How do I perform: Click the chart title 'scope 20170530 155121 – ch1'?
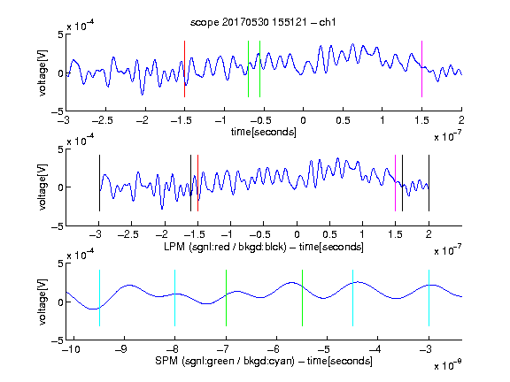(x=263, y=22)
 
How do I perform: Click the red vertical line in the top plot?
(x=184, y=69)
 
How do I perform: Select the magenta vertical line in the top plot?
(x=421, y=69)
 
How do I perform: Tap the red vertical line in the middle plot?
(x=197, y=183)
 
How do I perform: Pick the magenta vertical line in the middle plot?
(x=395, y=183)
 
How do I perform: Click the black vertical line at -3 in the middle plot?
(x=99, y=183)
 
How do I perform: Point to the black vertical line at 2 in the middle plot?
(x=429, y=183)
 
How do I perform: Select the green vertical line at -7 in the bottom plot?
(x=226, y=298)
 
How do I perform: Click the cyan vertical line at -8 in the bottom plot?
(x=175, y=298)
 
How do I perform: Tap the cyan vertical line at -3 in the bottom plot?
(x=429, y=298)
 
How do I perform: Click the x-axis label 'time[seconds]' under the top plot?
(x=264, y=132)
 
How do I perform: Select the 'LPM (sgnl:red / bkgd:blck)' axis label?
(x=225, y=247)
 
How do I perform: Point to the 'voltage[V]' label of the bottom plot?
(x=42, y=302)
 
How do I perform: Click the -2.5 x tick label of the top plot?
(x=103, y=120)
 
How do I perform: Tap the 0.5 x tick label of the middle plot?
(x=329, y=234)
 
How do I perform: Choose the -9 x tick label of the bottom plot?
(x=121, y=349)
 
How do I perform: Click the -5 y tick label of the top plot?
(x=58, y=111)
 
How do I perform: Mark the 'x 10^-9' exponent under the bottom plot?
(x=448, y=365)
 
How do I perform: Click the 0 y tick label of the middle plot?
(x=61, y=187)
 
